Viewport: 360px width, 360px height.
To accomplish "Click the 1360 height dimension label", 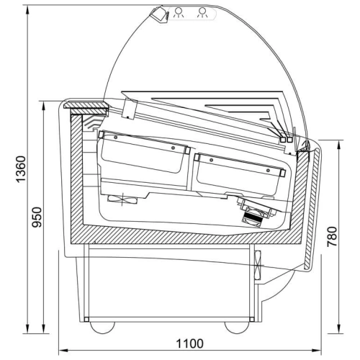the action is pos(21,169).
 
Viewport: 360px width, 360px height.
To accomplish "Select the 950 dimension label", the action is pos(37,217).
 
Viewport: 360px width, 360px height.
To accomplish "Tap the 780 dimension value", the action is pos(332,236).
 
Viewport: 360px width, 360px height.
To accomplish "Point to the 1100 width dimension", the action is pos(190,343).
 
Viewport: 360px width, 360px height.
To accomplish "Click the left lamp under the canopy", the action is pos(179,12).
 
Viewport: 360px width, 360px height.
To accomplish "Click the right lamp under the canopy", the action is pos(202,12).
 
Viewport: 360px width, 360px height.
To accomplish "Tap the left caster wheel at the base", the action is pos(102,328).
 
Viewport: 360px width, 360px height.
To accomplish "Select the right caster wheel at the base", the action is pos(237,328).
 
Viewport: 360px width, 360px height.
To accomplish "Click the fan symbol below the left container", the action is pos(122,199).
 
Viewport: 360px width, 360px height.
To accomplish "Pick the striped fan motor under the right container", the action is pos(252,217).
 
